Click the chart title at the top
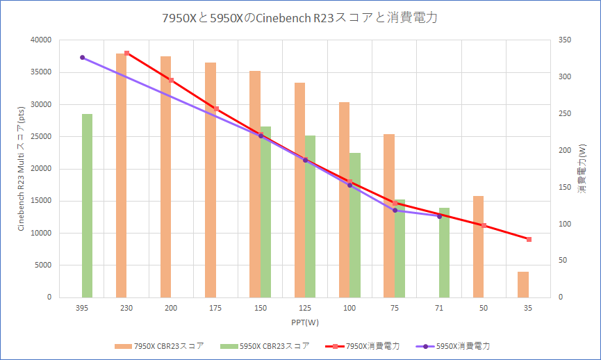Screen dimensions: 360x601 (x=300, y=18)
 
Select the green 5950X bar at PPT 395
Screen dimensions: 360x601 (x=87, y=205)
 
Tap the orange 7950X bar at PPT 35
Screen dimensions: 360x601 (x=523, y=284)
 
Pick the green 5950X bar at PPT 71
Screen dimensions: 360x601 (x=444, y=252)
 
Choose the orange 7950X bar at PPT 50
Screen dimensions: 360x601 (x=478, y=247)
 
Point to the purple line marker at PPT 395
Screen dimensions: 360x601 (x=82, y=58)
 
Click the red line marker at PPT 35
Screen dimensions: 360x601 (x=529, y=239)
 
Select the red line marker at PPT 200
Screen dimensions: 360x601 (x=171, y=81)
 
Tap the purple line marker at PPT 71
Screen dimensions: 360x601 (x=439, y=216)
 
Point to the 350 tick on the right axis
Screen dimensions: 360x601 (x=564, y=40)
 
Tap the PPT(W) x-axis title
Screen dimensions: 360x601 (x=305, y=322)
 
